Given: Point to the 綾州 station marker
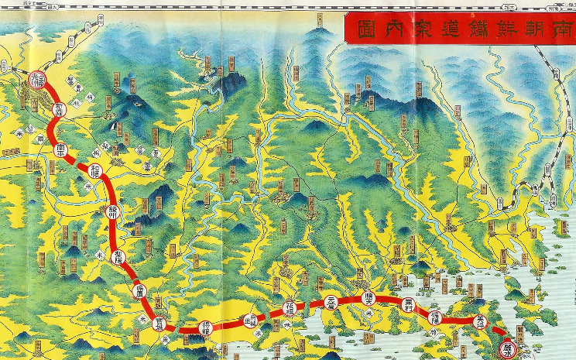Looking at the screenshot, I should pyautogui.click(x=114, y=214).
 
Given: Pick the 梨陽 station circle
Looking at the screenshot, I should pyautogui.click(x=118, y=258).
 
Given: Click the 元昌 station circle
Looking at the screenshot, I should pyautogui.click(x=331, y=300).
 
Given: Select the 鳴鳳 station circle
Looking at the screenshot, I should pyautogui.click(x=140, y=292).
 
